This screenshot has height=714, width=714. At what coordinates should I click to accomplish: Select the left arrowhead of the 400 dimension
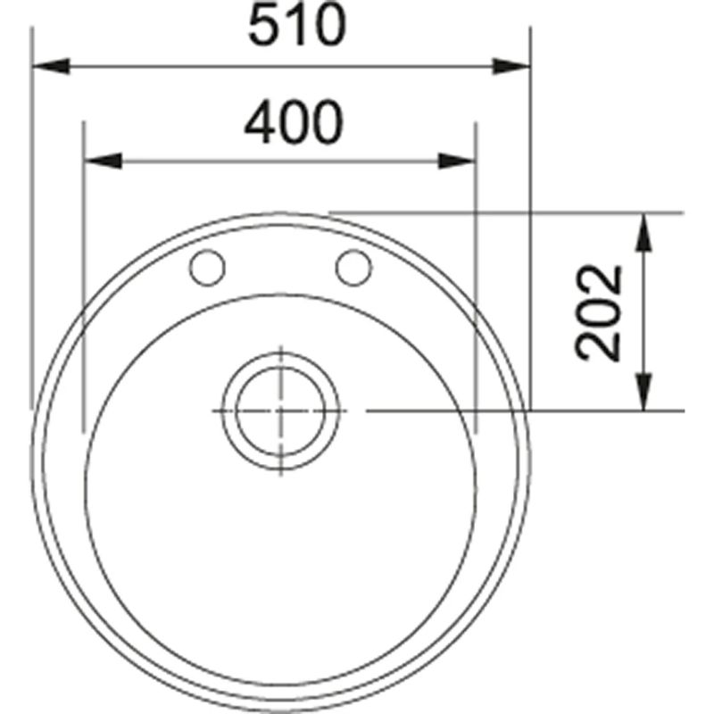[x=102, y=161]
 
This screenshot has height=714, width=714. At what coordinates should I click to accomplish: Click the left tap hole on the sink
[x=209, y=267]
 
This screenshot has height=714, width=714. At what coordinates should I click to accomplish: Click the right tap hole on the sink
[x=353, y=267]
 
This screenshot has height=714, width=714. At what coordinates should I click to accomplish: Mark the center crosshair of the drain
[x=280, y=411]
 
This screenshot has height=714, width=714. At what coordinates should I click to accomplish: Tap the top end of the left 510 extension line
[x=32, y=29]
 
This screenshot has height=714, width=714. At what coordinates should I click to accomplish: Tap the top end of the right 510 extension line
[x=530, y=29]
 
